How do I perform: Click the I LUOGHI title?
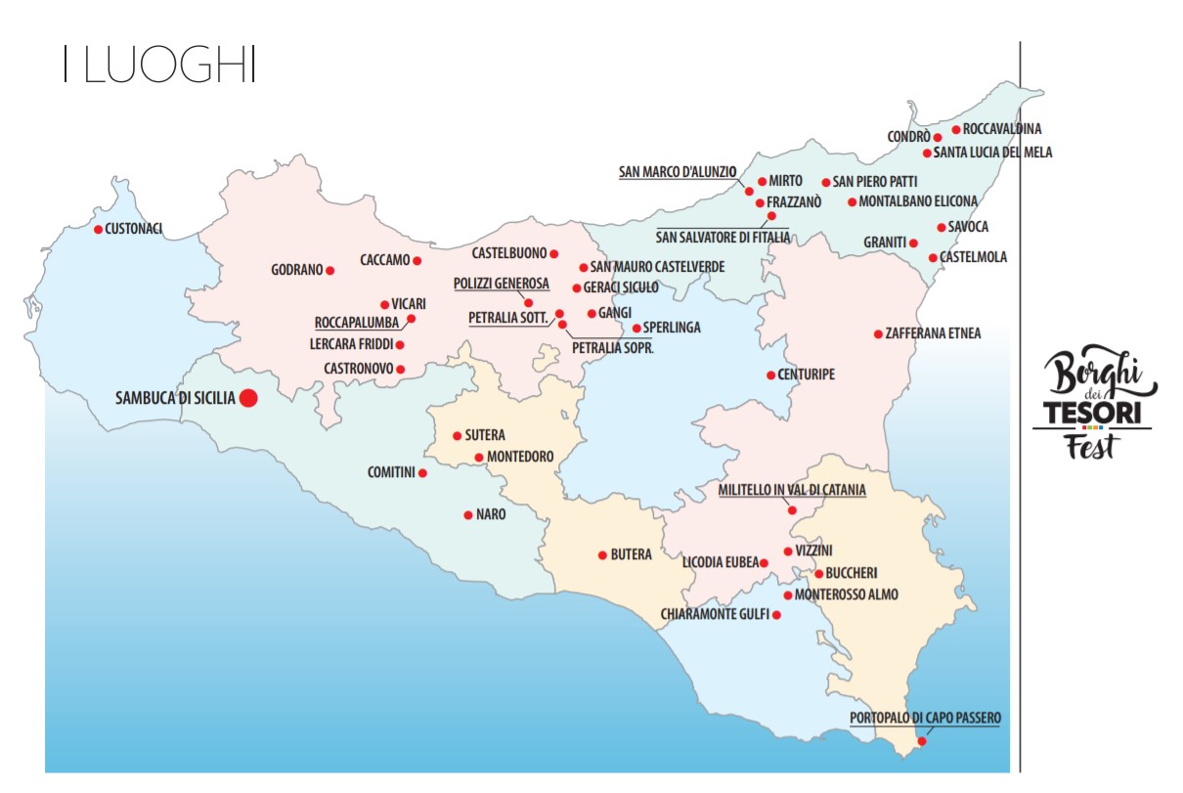point(158,65)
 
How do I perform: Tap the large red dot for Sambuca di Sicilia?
point(248,398)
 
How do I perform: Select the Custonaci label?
point(134,229)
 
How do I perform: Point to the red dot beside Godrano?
point(330,270)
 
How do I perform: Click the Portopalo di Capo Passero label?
point(925,718)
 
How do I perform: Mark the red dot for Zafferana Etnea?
point(878,334)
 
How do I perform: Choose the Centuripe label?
point(807,374)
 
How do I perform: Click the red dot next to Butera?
point(602,555)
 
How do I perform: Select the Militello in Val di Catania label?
point(792,490)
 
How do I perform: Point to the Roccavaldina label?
point(1002,129)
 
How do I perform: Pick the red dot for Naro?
point(468,514)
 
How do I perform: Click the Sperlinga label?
point(672,328)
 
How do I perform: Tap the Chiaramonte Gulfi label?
point(715,615)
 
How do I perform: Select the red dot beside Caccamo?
point(417,260)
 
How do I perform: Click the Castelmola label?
point(973,258)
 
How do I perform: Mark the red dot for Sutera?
point(457,436)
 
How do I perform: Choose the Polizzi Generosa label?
point(502,284)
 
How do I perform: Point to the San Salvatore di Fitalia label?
point(723,237)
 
